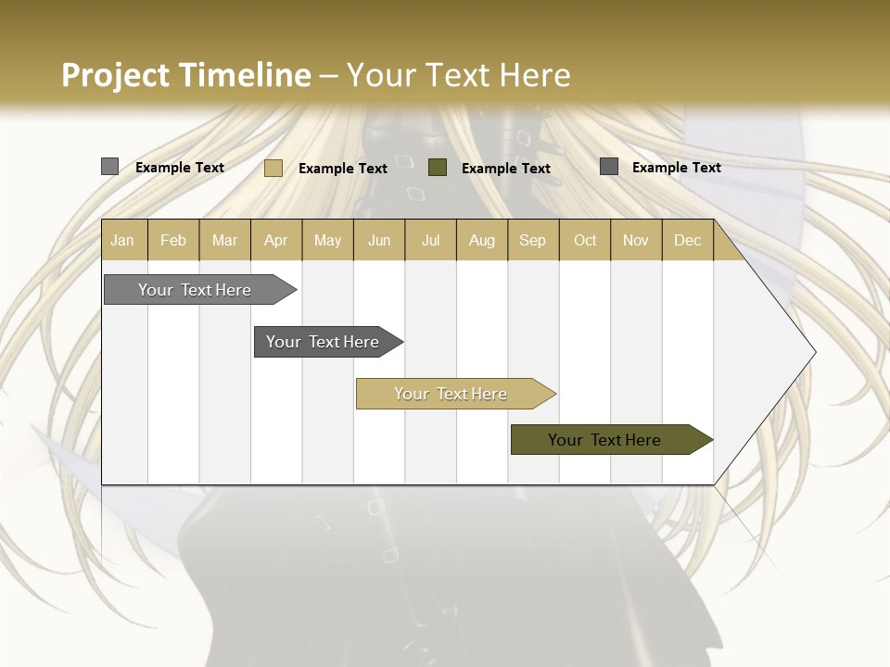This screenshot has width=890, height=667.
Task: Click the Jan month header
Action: (123, 240)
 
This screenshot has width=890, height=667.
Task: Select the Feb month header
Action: (173, 240)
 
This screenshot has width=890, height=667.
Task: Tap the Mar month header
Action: (224, 240)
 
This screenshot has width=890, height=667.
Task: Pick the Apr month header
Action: (276, 240)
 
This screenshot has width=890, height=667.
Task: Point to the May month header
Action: (327, 240)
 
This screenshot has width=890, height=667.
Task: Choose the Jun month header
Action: (379, 240)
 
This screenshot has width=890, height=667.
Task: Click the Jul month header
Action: (430, 240)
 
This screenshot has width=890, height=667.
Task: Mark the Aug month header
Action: (482, 240)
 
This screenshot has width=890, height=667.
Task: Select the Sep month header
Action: (533, 240)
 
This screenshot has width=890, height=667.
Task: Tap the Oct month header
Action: (585, 240)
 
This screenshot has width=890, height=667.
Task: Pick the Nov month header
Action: (636, 240)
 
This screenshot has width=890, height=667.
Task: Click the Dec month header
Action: (687, 240)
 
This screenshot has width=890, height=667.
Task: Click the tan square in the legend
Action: (273, 168)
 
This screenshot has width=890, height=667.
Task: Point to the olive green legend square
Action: (438, 168)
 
